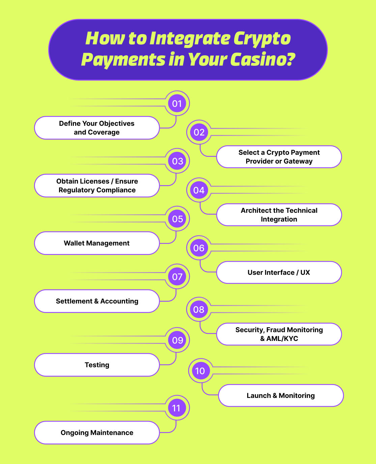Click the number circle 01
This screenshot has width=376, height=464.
(177, 104)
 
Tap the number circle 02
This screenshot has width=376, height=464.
(199, 132)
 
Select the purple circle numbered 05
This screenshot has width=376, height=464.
(177, 219)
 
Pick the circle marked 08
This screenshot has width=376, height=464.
(199, 310)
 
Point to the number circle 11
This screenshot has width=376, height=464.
(176, 408)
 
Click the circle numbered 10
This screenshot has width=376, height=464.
(200, 371)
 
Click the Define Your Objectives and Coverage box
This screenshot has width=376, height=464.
(97, 128)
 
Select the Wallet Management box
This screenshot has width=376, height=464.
(97, 243)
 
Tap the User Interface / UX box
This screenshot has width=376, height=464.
(279, 272)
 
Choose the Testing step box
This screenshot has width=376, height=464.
(97, 365)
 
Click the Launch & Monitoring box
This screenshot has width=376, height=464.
(281, 396)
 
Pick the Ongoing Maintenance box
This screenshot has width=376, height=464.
(97, 433)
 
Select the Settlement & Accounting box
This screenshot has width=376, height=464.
(97, 301)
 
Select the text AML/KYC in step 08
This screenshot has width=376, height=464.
(282, 339)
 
